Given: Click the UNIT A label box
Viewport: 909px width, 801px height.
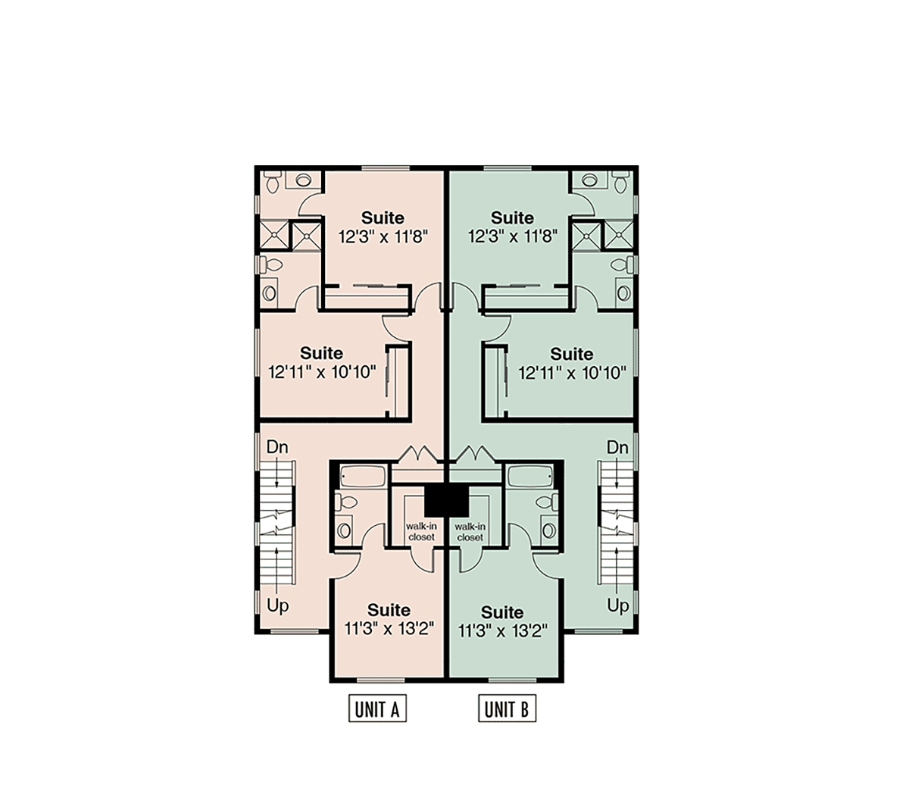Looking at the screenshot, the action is [x=377, y=709].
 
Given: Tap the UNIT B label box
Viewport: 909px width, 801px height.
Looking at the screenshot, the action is [x=507, y=709].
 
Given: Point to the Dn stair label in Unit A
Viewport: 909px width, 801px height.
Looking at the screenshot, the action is [x=277, y=447].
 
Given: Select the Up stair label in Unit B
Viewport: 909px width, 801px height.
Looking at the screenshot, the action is [x=618, y=606].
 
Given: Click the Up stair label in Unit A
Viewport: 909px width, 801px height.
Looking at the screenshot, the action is [x=278, y=606].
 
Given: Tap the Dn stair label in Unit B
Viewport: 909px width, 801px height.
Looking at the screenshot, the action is [x=618, y=447].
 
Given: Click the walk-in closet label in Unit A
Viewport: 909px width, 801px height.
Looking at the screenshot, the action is [x=421, y=531].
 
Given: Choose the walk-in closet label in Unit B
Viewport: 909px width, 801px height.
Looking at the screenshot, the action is [x=470, y=532].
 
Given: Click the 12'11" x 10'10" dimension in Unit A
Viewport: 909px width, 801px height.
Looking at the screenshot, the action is [x=322, y=372].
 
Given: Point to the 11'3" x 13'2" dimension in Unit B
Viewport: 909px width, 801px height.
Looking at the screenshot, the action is [x=502, y=631].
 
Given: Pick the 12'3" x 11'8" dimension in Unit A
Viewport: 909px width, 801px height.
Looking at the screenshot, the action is [x=383, y=236].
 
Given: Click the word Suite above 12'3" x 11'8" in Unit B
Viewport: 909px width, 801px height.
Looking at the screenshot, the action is [x=512, y=217].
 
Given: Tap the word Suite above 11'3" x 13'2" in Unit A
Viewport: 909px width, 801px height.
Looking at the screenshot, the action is [x=389, y=610].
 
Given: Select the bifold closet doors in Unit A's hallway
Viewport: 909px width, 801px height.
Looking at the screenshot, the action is [x=418, y=455].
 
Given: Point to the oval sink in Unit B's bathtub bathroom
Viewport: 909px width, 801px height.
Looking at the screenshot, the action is [x=548, y=530].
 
